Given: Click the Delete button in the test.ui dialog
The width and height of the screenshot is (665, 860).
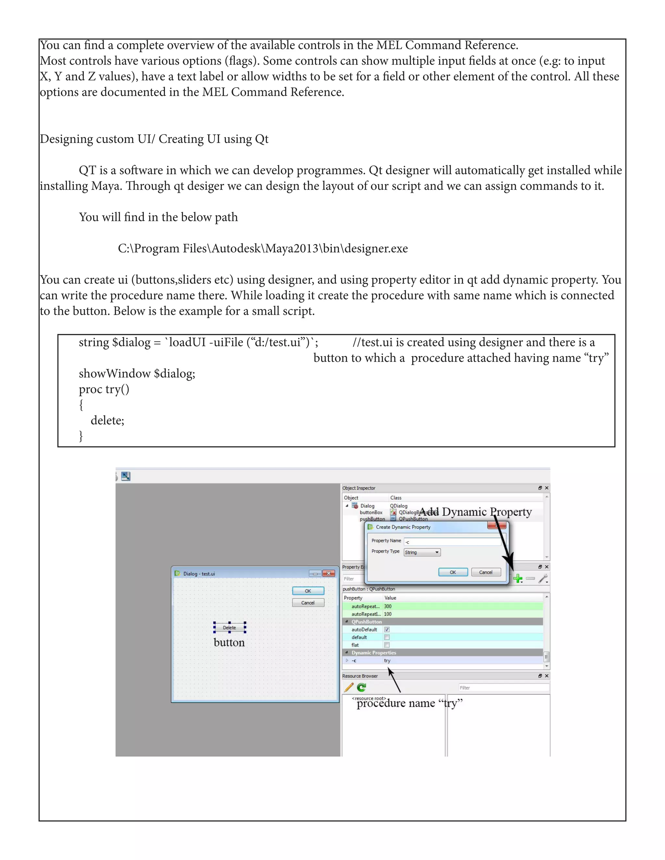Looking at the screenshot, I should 229,628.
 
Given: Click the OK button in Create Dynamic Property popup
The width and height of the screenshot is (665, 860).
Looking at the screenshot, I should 453,572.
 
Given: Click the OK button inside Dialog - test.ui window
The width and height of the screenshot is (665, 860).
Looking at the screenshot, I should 308,591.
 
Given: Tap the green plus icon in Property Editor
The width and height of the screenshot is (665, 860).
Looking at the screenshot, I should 518,578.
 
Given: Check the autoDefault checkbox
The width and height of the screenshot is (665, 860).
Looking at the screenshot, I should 387,630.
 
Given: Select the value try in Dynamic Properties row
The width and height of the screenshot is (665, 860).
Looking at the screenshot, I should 387,661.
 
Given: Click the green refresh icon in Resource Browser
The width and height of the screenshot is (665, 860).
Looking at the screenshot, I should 361,688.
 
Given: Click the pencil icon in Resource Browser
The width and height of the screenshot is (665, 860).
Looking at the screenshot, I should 349,688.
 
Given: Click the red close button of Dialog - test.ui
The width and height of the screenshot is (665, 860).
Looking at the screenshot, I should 329,573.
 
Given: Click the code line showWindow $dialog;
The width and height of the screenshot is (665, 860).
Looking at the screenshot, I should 137,373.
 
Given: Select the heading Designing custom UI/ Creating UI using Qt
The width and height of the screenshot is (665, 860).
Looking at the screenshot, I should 154,139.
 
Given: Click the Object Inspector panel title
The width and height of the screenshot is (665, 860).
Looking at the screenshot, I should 359,488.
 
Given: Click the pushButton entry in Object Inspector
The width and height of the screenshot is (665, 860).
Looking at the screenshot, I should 372,519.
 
